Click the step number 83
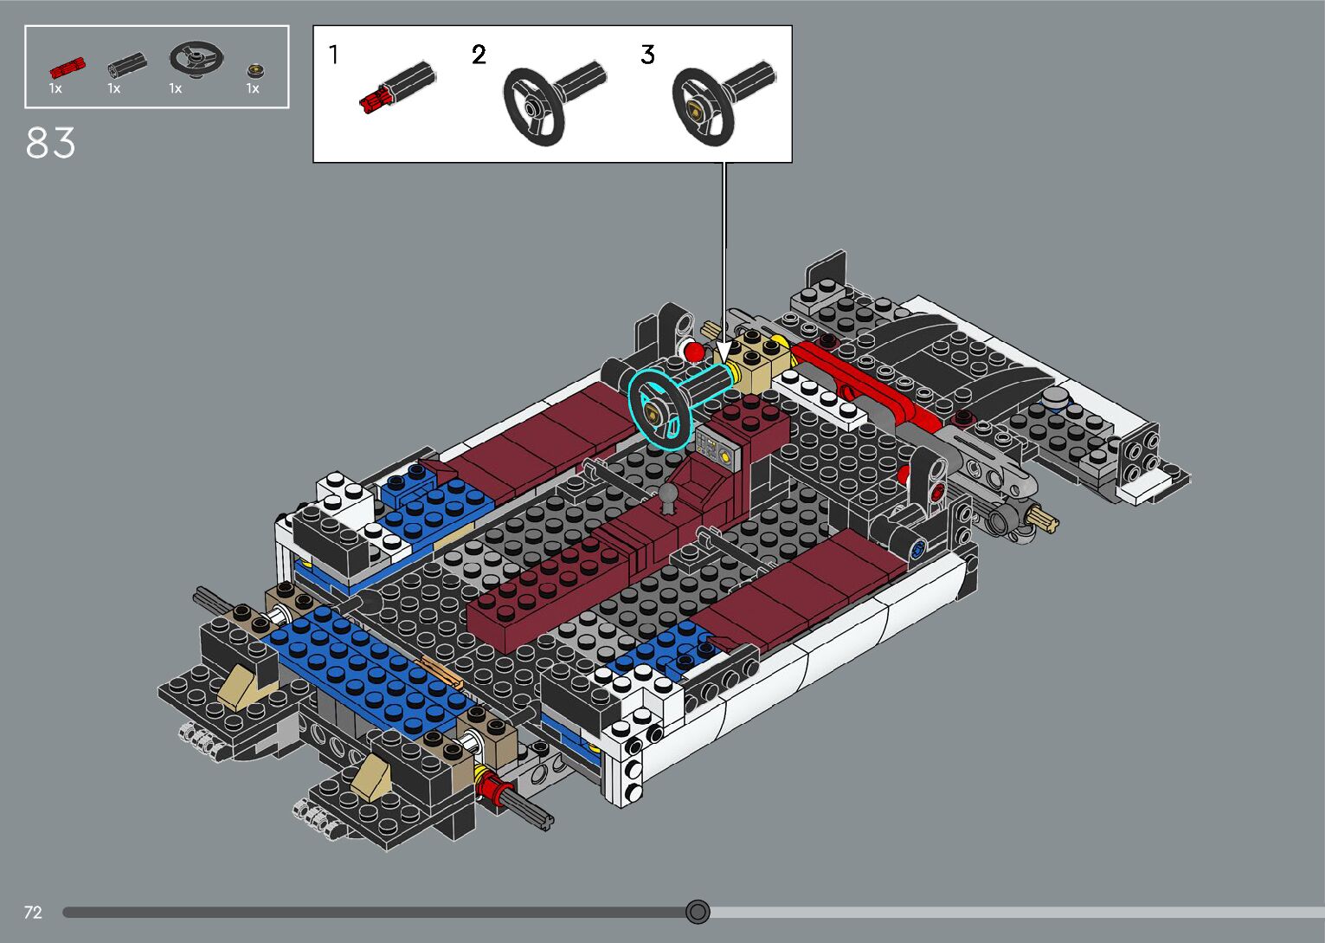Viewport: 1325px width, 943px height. [51, 143]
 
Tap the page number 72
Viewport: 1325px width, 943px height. [33, 912]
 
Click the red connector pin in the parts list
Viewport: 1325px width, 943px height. [68, 68]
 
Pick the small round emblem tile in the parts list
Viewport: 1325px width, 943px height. [255, 71]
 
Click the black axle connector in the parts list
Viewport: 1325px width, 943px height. [128, 64]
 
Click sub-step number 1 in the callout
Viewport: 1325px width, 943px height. [333, 55]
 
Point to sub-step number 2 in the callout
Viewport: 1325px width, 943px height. [479, 55]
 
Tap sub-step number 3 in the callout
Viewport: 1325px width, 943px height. [647, 55]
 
